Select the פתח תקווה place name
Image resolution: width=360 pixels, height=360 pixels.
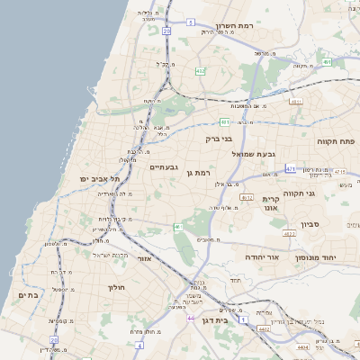[336, 141]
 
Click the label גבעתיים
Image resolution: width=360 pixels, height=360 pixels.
[166, 166]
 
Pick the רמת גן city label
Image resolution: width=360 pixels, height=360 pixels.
[195, 172]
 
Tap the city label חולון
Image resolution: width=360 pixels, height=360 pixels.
[116, 287]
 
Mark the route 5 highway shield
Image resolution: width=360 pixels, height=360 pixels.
[190, 22]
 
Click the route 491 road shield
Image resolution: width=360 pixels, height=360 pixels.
[328, 62]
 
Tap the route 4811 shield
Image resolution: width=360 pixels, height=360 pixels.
[296, 102]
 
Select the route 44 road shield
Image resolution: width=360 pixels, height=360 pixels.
[191, 317]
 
